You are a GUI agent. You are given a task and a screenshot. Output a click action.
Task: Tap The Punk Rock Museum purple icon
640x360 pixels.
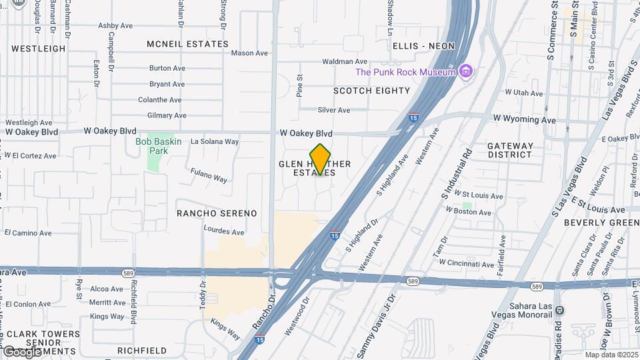point(466,71)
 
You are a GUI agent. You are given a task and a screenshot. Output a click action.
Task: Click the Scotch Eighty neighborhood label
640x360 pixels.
point(371,91)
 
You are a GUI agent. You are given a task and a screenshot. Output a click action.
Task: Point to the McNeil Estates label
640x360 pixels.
point(187,44)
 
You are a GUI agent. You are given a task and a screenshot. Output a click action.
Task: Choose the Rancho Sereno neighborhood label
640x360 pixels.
point(217,213)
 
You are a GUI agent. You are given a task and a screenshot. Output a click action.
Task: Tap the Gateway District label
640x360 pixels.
point(510,150)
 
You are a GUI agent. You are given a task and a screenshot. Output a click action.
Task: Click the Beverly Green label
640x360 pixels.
point(601,223)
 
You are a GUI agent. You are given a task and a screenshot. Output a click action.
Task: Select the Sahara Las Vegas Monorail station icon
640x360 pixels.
point(559,311)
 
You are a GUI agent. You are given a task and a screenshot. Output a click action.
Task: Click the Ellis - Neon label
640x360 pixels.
point(423,46)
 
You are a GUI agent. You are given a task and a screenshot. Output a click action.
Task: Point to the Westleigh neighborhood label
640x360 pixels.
point(39,49)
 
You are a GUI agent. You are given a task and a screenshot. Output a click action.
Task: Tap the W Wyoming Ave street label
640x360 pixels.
point(524,120)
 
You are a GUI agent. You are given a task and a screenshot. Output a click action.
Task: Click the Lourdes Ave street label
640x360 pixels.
point(223,232)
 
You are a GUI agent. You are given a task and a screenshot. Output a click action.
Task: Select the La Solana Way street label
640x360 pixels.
point(215,141)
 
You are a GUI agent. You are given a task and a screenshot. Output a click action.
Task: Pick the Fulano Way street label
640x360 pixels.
point(209,177)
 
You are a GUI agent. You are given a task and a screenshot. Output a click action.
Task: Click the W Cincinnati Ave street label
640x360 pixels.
point(470,264)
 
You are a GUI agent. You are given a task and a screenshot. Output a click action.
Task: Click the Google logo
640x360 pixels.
point(23,351)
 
